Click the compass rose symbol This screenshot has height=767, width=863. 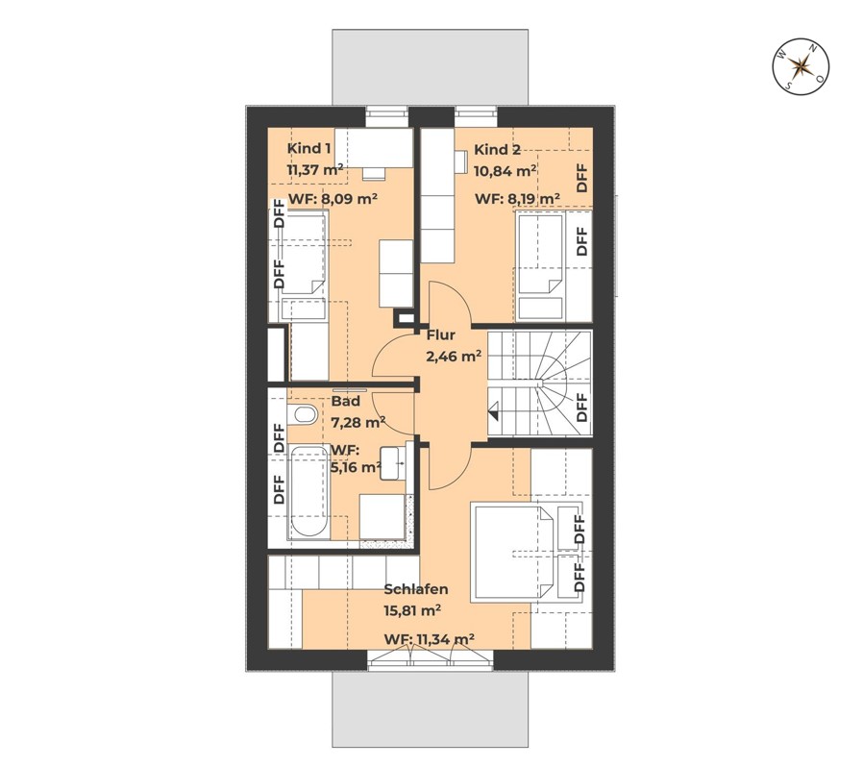click(801, 66)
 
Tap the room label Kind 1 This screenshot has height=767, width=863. click(309, 149)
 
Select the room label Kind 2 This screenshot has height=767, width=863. click(497, 149)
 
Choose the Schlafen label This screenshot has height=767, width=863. click(415, 589)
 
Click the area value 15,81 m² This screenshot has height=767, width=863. click(412, 609)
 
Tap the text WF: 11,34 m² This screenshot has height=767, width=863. click(430, 639)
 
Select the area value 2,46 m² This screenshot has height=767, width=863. click(453, 355)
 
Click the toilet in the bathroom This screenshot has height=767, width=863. click(303, 414)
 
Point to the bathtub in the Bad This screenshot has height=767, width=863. click(308, 491)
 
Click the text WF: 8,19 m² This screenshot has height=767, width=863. click(517, 199)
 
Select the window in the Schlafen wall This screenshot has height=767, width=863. click(430, 659)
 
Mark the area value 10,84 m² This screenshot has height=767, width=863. click(505, 170)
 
